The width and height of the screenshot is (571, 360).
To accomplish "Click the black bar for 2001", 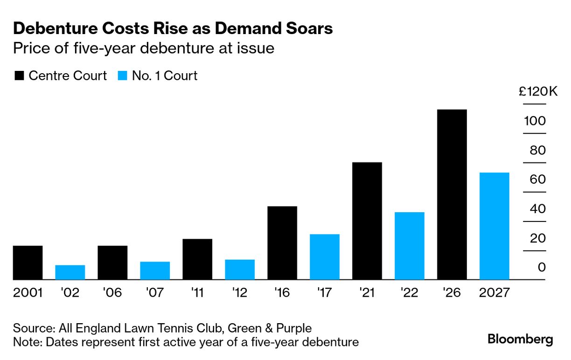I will (28, 263).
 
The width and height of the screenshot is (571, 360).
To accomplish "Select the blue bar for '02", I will (70, 272).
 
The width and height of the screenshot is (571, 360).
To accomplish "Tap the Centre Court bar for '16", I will (282, 243).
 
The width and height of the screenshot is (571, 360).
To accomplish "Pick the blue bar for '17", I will (325, 257).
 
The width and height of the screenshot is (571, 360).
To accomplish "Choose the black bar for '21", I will (367, 221).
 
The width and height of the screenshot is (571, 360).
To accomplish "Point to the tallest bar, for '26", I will (452, 194).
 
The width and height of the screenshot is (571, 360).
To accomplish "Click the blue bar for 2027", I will (494, 226).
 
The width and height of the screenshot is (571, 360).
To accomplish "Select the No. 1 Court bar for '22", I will (410, 246).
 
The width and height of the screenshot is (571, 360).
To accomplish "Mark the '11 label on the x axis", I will (197, 293).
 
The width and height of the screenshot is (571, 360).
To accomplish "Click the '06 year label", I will (112, 293).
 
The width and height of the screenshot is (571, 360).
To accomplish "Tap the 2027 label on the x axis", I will (494, 293).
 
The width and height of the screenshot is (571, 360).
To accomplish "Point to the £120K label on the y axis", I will (538, 92).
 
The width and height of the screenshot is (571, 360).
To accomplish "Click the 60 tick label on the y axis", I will (538, 180).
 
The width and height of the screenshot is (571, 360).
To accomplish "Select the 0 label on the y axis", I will (542, 268).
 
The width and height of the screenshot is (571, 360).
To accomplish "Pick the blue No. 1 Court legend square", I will (122, 76).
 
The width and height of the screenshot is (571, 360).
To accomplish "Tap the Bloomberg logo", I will (520, 339).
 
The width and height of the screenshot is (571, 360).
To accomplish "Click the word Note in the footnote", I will (26, 342).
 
